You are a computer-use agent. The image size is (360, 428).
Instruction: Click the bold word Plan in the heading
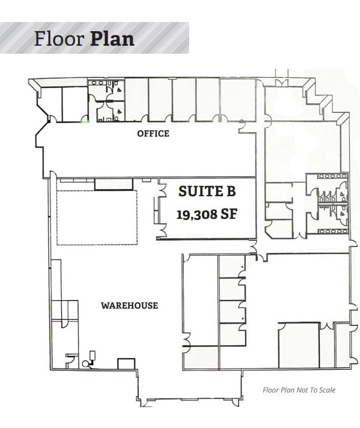[112, 39]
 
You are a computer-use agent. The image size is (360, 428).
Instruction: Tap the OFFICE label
[153, 133]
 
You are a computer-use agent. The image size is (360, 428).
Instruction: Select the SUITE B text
[207, 191]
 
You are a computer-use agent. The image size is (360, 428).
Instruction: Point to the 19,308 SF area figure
[207, 214]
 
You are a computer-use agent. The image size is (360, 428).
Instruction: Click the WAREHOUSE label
[129, 305]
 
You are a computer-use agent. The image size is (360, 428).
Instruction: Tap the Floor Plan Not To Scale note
[299, 390]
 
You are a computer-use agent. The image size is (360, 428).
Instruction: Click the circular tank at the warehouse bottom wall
[85, 363]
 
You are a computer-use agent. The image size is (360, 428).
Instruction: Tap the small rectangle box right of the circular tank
[126, 363]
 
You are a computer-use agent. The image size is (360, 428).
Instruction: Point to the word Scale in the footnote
[327, 390]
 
